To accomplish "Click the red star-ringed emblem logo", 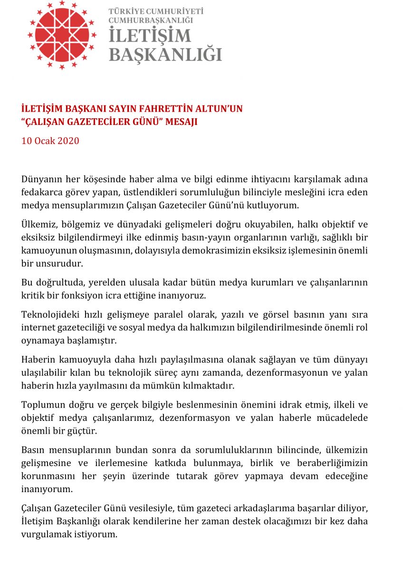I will [x=62, y=35].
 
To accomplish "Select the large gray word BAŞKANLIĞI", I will [x=165, y=54].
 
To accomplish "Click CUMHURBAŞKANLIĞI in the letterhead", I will [x=150, y=20].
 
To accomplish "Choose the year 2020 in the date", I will [x=68, y=141].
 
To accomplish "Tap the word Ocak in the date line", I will [x=43, y=141].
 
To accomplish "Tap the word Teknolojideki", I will [x=50, y=314].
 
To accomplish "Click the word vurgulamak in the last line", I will [x=45, y=534].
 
